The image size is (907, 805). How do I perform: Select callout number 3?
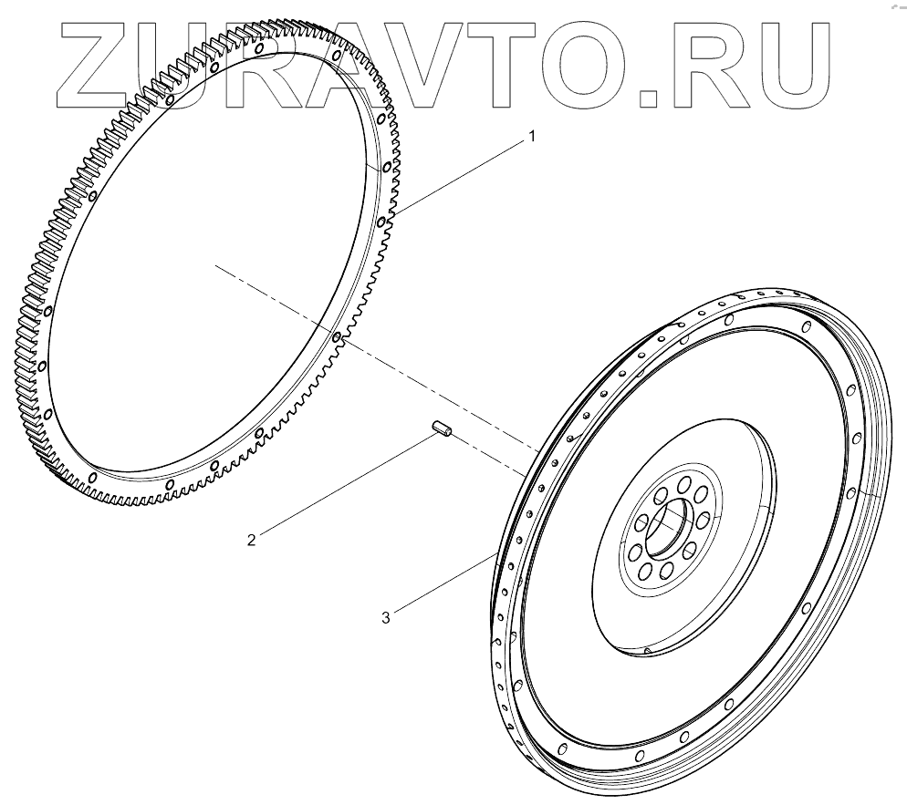click(x=386, y=617)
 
